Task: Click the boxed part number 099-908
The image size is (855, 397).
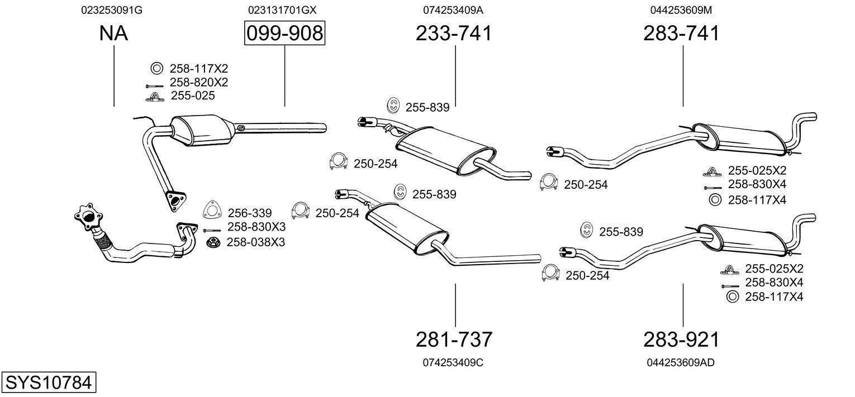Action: point(284,34)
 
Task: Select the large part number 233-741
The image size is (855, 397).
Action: point(454,34)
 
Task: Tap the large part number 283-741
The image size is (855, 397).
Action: point(681,34)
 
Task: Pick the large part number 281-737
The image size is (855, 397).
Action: point(454,339)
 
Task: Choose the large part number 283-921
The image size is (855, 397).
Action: point(681,339)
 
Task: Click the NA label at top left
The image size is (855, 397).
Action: point(113,34)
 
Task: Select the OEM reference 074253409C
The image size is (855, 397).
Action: point(453,362)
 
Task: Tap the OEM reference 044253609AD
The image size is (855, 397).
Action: point(681,362)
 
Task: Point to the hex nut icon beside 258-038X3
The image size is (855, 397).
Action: point(212,242)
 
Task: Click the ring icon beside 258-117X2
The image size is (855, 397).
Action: point(156,69)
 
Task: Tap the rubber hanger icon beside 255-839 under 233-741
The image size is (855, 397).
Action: point(393,105)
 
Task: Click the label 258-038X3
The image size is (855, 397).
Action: point(255,242)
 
